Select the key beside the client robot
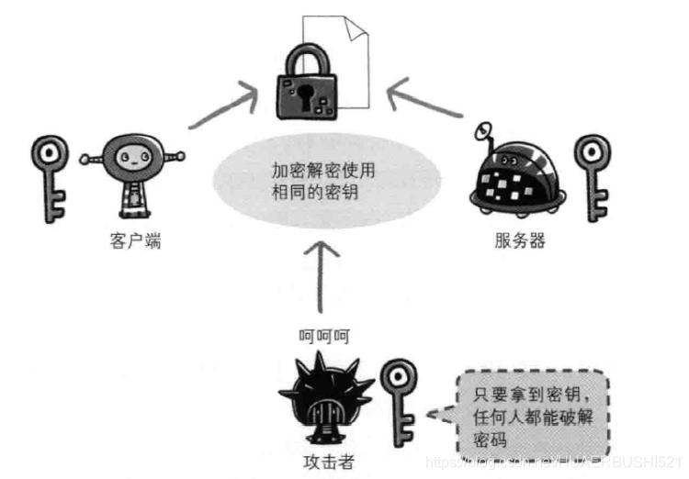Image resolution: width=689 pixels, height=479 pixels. [47, 178]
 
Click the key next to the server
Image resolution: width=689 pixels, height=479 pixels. [593, 178]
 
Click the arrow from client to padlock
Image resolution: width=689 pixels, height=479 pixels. [221, 106]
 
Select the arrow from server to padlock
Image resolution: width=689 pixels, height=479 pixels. [423, 101]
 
